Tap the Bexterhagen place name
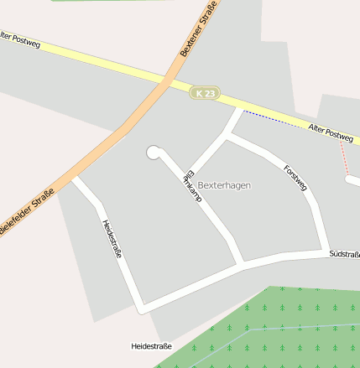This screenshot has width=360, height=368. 224,184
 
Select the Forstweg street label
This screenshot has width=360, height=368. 296,176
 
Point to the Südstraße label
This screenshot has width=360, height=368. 344,253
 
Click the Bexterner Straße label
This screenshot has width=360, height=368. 199,29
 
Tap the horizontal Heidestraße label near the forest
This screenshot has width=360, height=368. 151,345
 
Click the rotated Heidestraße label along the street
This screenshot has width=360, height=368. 111,237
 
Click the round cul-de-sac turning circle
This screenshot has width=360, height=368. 153,152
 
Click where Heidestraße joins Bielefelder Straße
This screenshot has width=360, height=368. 74,179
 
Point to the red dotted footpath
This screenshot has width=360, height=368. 343,156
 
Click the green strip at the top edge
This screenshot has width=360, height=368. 92,2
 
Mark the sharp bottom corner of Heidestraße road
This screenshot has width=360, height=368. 143,308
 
